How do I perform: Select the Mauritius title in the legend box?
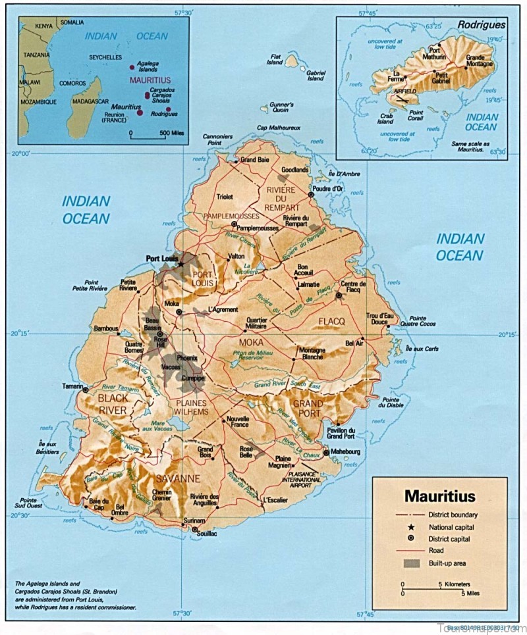(x=439, y=494)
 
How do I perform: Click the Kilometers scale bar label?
(x=455, y=584)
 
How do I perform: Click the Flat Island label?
(x=275, y=60)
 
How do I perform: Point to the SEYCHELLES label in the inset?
(x=105, y=57)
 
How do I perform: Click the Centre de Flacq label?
(x=353, y=287)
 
